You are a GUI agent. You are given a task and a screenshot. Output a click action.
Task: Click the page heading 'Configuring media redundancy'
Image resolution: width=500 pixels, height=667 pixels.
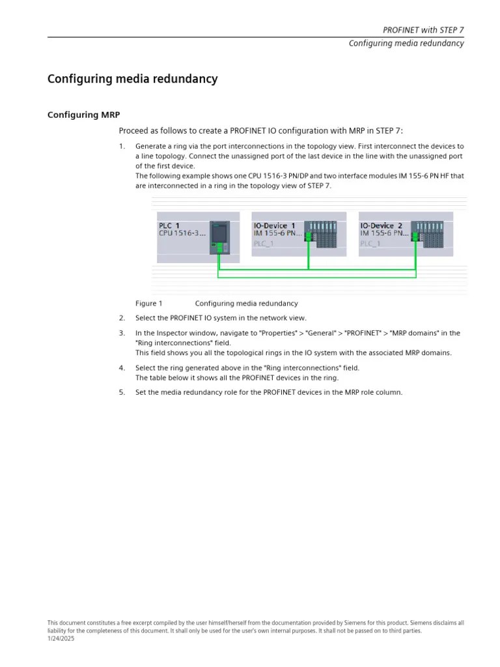click(132, 79)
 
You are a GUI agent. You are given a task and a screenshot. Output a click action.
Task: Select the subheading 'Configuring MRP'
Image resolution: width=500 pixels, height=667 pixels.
click(83, 115)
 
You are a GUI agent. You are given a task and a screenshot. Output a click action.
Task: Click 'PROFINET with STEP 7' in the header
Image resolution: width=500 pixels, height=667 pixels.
click(423, 30)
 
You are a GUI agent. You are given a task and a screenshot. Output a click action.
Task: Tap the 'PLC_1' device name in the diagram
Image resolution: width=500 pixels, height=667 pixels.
click(169, 225)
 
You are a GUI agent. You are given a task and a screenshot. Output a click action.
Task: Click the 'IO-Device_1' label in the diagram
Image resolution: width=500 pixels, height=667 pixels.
click(274, 225)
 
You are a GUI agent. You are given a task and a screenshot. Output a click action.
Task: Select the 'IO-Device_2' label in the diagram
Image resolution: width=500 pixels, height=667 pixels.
click(381, 225)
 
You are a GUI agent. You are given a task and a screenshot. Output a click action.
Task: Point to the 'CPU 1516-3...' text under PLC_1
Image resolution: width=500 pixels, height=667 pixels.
click(182, 233)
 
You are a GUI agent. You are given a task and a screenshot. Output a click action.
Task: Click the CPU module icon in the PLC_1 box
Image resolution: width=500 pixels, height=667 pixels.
click(220, 238)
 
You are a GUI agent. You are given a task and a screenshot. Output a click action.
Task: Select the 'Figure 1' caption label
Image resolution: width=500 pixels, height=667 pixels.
click(148, 304)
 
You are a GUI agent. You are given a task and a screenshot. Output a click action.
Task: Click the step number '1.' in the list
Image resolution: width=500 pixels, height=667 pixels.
click(122, 147)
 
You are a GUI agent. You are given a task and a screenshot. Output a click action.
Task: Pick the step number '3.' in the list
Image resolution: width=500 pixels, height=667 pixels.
click(122, 333)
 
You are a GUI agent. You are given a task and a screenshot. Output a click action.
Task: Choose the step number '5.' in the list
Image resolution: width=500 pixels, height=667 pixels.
click(122, 392)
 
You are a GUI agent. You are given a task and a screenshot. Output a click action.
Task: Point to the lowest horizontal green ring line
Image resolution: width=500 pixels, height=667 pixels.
click(317, 277)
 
